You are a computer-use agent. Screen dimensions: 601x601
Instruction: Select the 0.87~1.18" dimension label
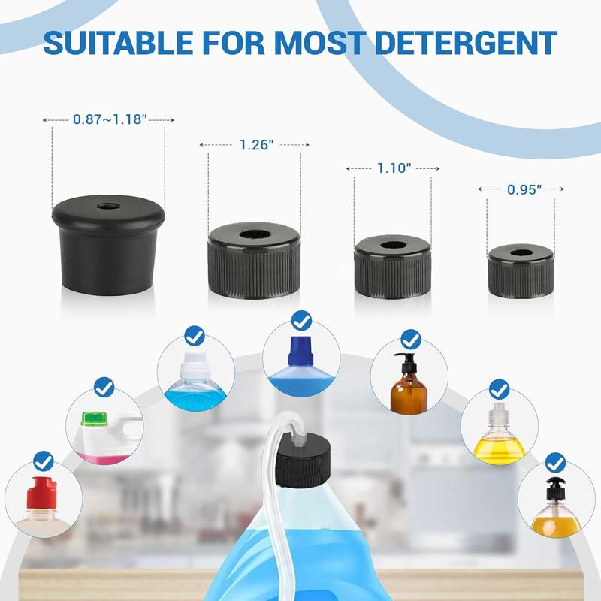(108, 119)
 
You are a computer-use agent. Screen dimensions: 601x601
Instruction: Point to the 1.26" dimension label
(254, 145)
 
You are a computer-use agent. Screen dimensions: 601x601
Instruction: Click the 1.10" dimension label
(393, 169)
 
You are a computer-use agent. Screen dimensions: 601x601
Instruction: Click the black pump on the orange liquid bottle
(554, 486)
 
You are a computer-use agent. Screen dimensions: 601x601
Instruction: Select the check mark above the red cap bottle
(44, 459)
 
